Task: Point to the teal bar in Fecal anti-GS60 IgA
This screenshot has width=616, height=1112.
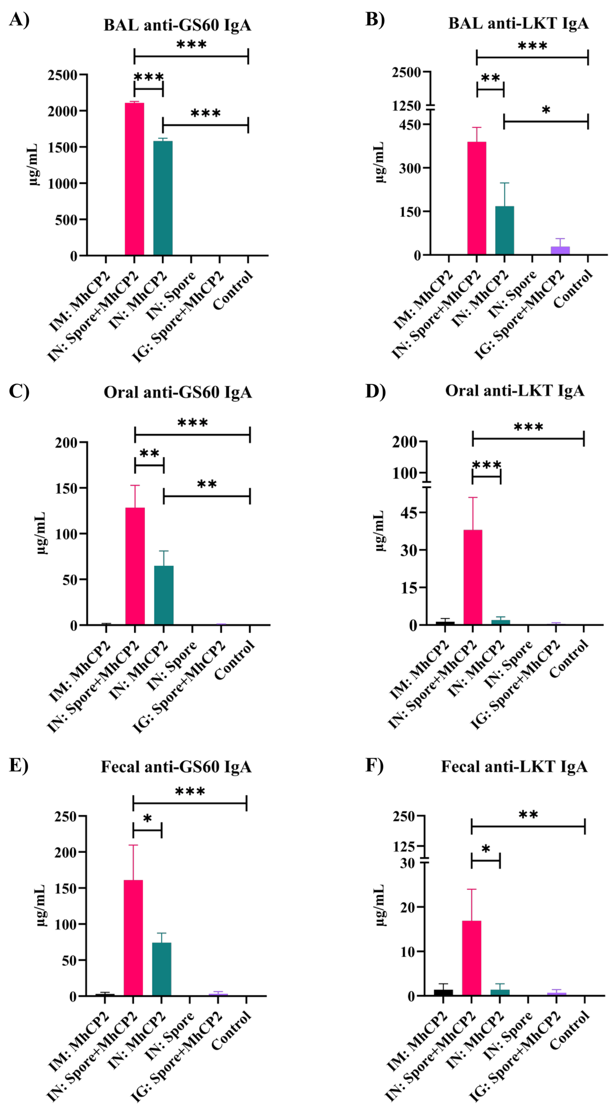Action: pyautogui.click(x=162, y=969)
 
